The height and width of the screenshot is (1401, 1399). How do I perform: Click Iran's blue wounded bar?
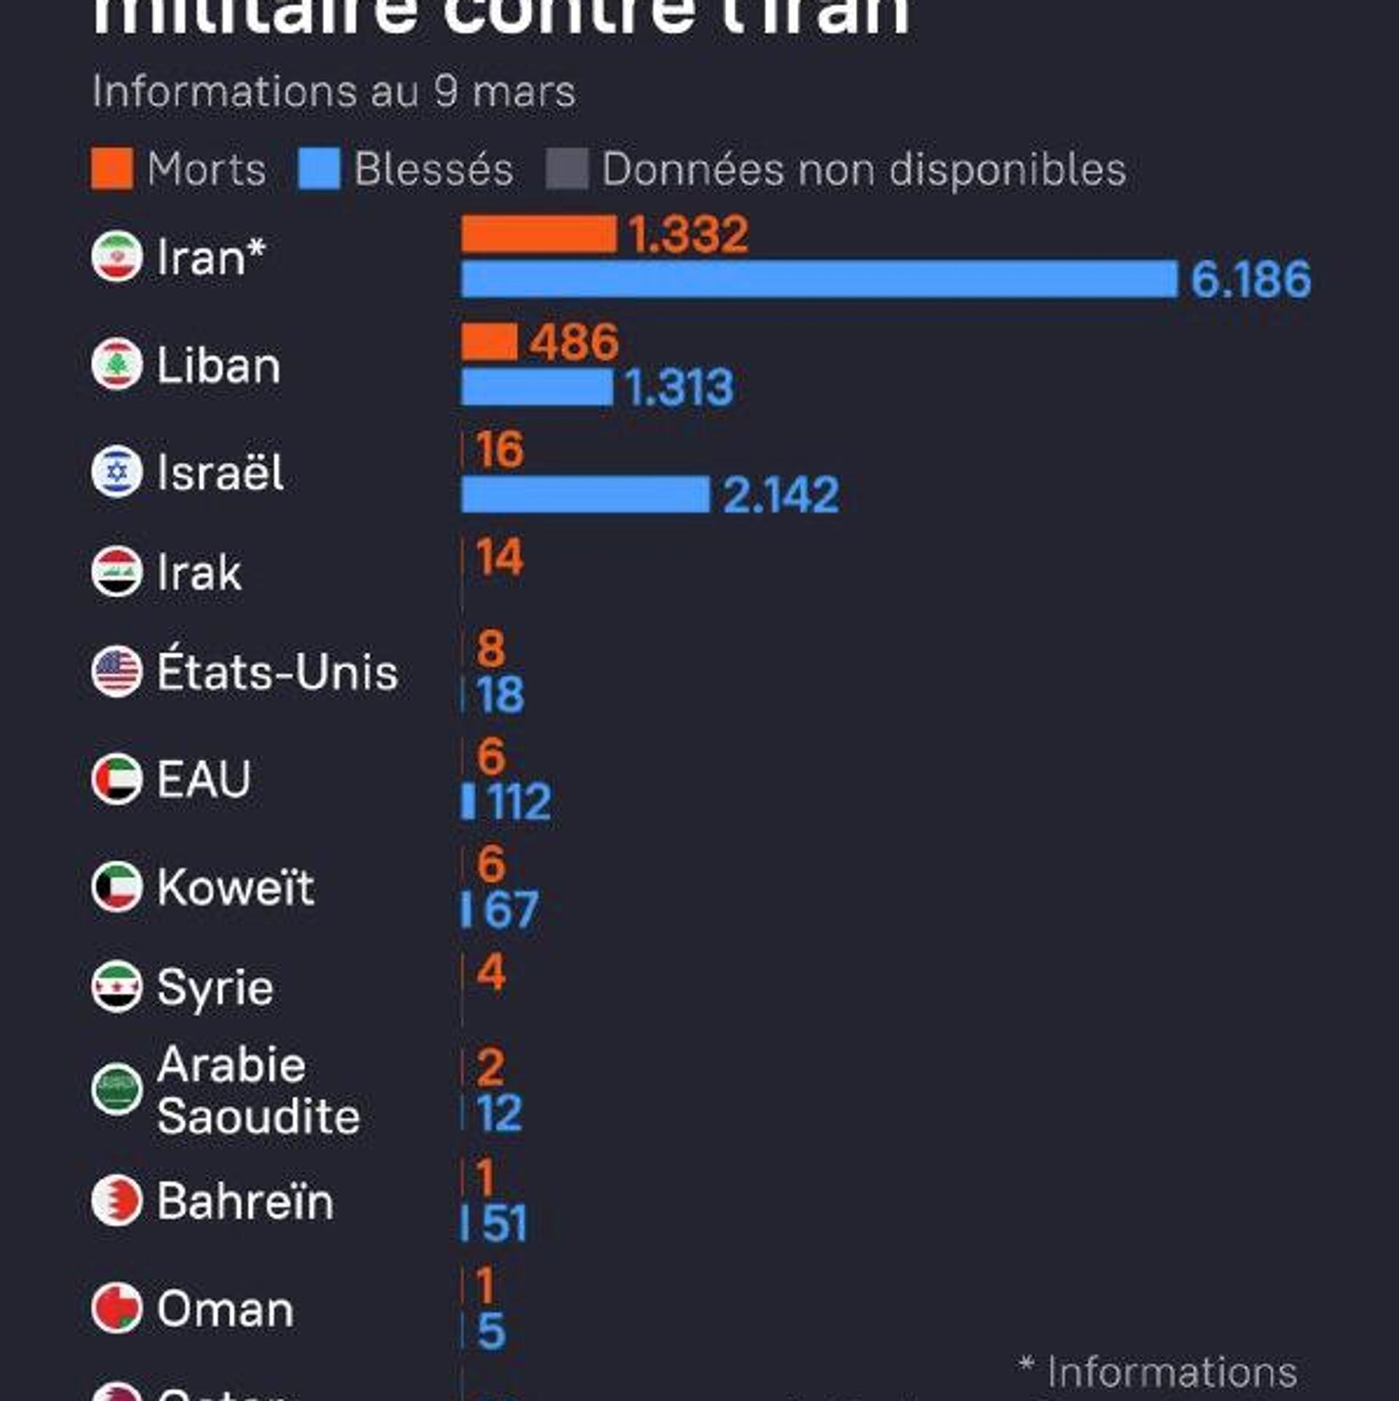[x=819, y=278]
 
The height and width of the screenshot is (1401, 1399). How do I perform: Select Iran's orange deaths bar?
[x=539, y=234]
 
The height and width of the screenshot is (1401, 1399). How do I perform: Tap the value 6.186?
[x=1250, y=279]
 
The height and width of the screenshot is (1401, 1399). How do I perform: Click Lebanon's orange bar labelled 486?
[x=489, y=342]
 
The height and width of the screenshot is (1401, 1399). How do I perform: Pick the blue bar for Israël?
[x=585, y=494]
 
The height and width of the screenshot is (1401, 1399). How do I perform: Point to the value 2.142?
[x=780, y=495]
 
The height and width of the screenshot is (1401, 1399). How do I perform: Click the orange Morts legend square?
[x=111, y=168]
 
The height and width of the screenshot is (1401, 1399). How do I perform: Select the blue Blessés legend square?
[x=318, y=168]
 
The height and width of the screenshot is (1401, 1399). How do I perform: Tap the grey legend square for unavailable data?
[x=567, y=168]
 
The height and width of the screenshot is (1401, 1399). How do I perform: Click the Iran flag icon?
[x=117, y=256]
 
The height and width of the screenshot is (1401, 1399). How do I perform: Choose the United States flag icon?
[x=117, y=671]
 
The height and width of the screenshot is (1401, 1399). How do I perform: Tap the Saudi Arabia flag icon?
[x=117, y=1089]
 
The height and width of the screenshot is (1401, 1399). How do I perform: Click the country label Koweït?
[x=235, y=887]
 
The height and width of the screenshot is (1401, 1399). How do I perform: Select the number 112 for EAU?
[x=519, y=801]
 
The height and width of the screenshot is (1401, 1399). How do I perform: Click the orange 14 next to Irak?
[x=499, y=557]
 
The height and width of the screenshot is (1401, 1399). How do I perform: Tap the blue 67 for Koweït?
[x=511, y=909]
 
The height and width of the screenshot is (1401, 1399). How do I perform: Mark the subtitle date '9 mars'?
[x=504, y=92]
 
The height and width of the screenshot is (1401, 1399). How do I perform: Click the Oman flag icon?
[x=117, y=1308]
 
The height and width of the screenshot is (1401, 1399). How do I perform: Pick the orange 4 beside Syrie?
[x=491, y=972]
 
